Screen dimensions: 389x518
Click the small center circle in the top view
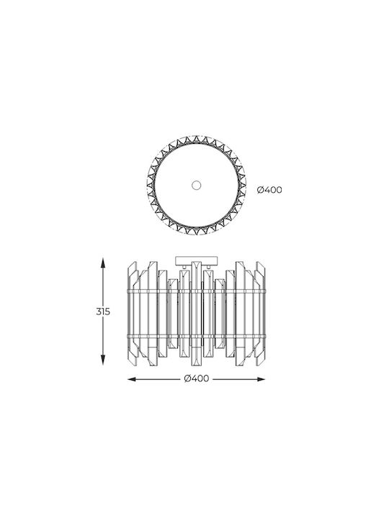pyautogui.click(x=197, y=185)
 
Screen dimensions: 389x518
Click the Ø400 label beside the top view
pyautogui.click(x=269, y=190)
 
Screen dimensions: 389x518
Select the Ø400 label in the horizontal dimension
pyautogui.click(x=197, y=378)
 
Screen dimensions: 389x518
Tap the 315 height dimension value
pyautogui.click(x=103, y=312)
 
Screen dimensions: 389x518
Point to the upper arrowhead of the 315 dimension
pyautogui.click(x=103, y=263)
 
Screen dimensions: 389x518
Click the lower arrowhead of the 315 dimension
pyautogui.click(x=103, y=360)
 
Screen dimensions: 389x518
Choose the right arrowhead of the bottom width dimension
pyautogui.click(x=261, y=379)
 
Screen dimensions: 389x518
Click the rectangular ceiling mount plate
pyautogui.click(x=197, y=260)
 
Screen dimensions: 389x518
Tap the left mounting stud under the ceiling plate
pyautogui.click(x=184, y=266)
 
